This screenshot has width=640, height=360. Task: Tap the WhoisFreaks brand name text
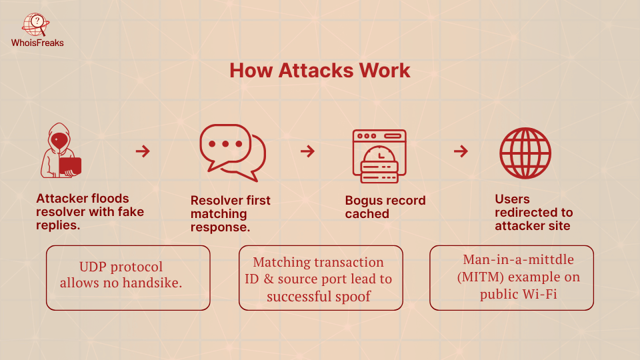tap(37, 43)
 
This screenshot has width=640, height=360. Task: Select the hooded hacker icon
tap(61, 151)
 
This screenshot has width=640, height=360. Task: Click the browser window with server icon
tap(379, 155)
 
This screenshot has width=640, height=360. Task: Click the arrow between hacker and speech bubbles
tap(143, 151)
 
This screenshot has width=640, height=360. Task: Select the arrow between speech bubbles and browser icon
tap(307, 151)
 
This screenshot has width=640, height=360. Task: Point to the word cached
tap(367, 214)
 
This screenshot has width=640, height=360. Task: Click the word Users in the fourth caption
tap(512, 199)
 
